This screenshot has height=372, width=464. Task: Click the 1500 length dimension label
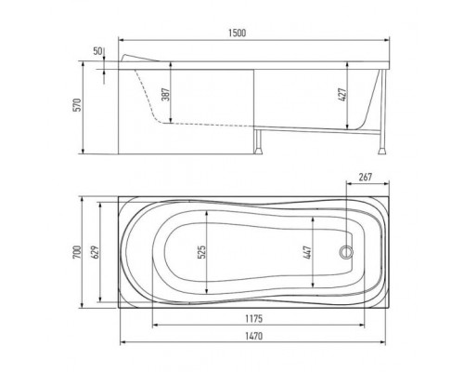click(x=238, y=33)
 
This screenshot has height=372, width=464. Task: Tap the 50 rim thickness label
click(x=97, y=51)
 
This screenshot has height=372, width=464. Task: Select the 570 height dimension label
click(x=77, y=105)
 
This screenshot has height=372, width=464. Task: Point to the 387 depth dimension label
click(x=166, y=94)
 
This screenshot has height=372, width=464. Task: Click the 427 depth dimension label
click(x=342, y=95)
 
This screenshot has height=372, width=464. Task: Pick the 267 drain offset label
click(x=366, y=177)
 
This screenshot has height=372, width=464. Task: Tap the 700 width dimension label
click(x=77, y=252)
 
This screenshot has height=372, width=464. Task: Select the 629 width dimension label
click(x=95, y=252)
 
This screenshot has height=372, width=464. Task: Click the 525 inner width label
click(x=201, y=252)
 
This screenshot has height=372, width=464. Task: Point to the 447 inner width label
click(x=307, y=252)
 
